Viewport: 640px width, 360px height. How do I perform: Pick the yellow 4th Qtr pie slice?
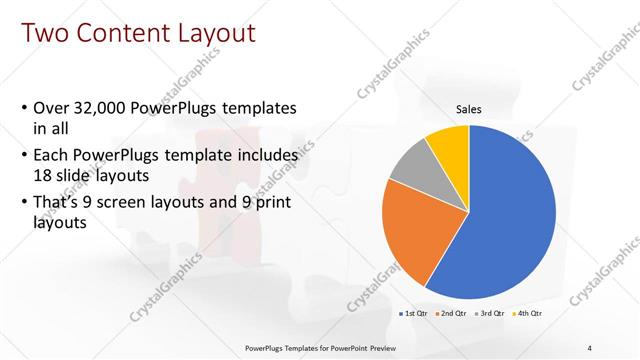tap(449, 144)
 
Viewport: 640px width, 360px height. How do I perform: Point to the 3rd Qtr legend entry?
tap(489, 314)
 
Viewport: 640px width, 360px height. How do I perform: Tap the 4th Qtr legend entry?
tap(528, 314)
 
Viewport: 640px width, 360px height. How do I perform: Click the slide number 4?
tap(589, 347)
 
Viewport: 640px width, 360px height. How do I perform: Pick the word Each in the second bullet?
tap(52, 156)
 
